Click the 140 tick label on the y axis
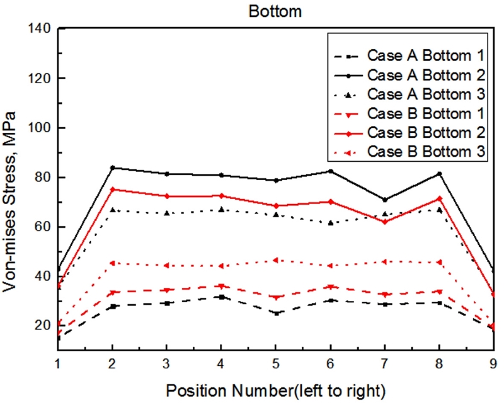coord(40,28)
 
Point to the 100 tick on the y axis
coord(40,127)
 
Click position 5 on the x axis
coord(275,364)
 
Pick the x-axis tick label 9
coord(493,364)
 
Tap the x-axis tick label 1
coord(57,364)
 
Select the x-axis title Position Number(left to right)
coord(275,390)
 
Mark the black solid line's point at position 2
coord(112,168)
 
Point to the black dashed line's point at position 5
coord(275,313)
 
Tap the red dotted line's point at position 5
coord(275,260)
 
